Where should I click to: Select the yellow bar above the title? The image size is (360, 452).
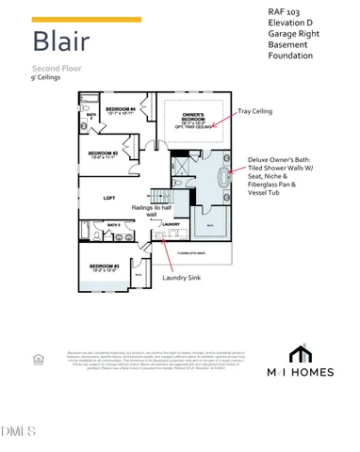point(87,19)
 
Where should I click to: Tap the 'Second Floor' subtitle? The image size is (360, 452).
point(58,70)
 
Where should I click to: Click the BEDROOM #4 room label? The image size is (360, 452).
point(121,110)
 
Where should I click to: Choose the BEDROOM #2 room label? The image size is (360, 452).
point(103,153)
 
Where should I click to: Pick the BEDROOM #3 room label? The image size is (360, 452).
point(104,267)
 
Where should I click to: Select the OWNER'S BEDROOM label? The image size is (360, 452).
point(193,118)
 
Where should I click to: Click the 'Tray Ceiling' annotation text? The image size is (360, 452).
point(254,111)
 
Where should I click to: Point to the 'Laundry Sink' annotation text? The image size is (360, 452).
point(181,278)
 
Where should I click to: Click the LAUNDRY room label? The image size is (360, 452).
point(171,224)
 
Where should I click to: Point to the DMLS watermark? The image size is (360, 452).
point(19,432)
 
